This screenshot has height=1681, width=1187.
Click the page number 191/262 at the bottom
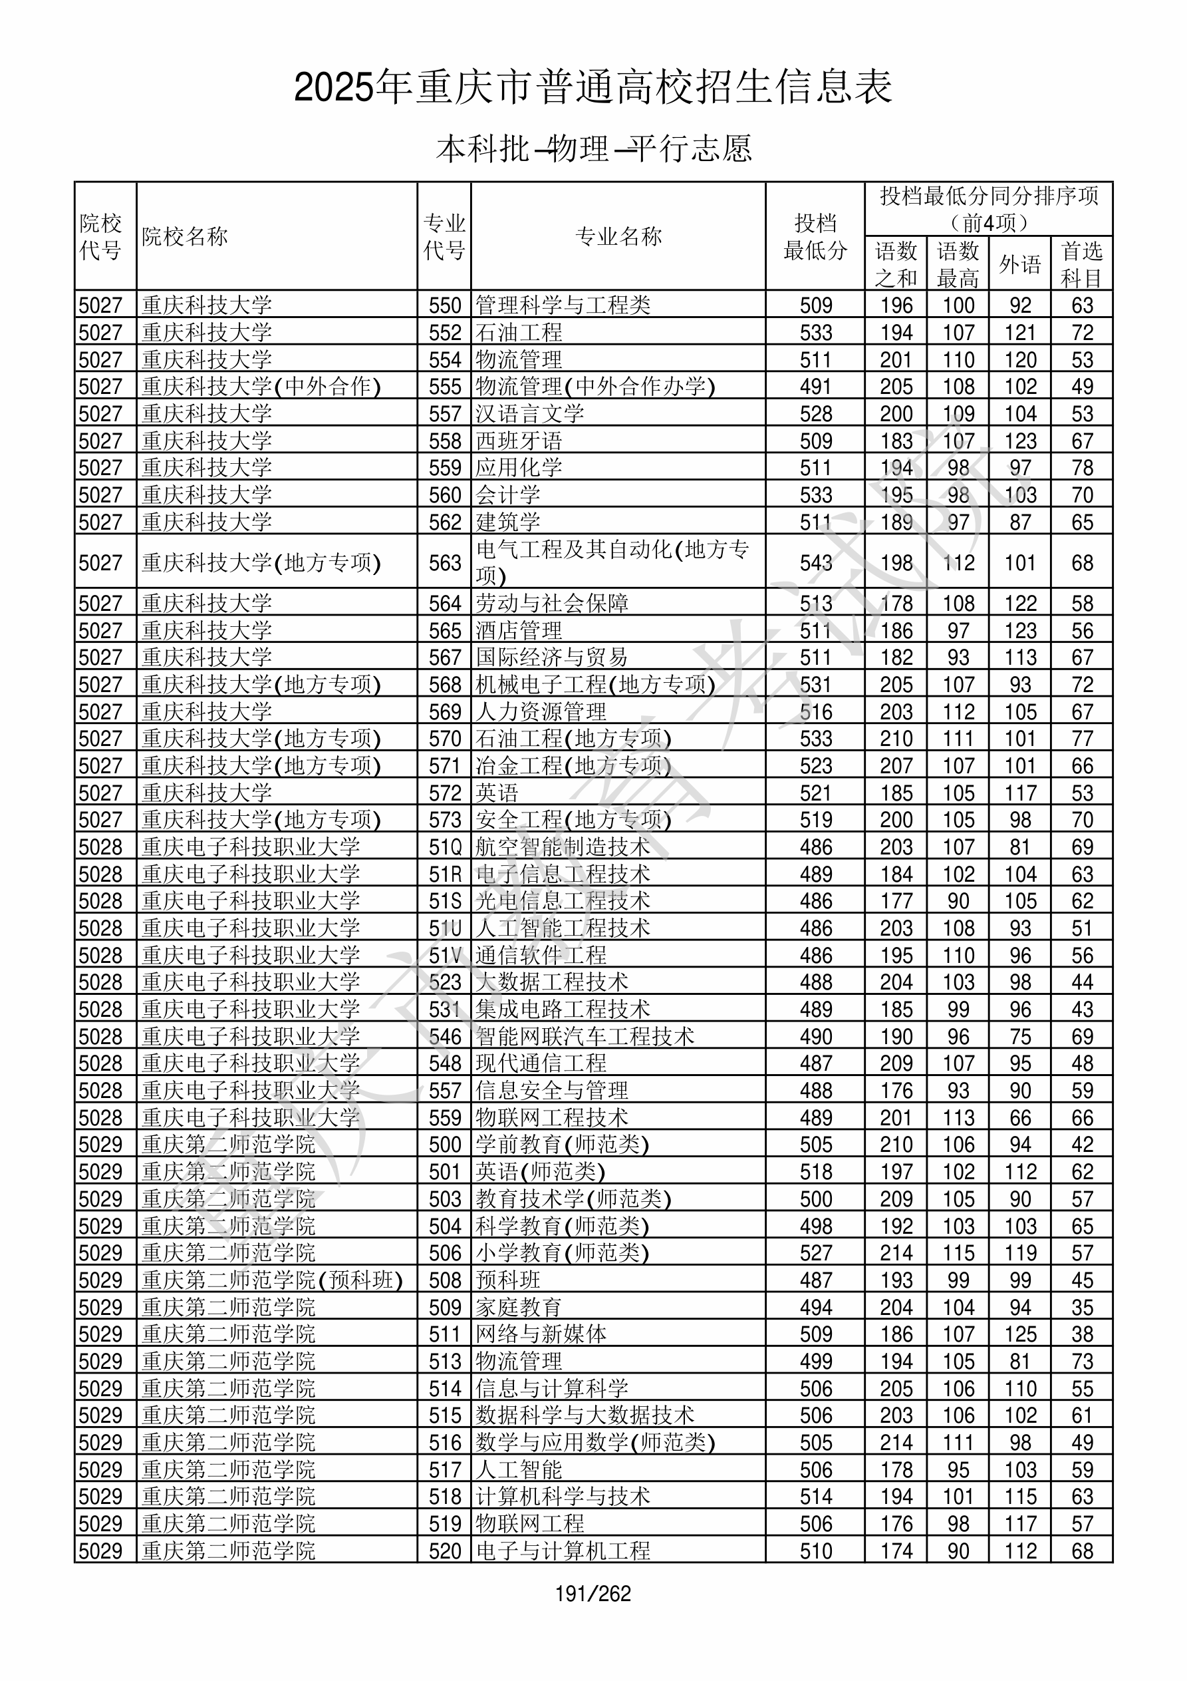tap(593, 1593)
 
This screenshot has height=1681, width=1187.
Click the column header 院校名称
tap(185, 236)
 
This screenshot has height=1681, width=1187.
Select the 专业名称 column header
tap(618, 236)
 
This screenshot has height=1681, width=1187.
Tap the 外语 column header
tap(1020, 264)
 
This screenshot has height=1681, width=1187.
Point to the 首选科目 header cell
tap(1082, 264)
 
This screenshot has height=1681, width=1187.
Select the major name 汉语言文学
tap(530, 414)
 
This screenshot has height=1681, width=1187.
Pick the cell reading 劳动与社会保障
tap(552, 604)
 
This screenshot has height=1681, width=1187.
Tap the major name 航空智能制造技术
tap(563, 847)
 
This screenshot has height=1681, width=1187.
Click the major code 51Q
tap(445, 847)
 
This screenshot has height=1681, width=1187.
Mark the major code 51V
tap(445, 956)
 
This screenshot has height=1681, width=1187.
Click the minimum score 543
tap(815, 562)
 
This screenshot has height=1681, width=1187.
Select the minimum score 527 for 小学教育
tap(815, 1252)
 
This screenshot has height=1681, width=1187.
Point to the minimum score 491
tap(815, 387)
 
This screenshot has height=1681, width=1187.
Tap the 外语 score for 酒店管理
tap(1020, 630)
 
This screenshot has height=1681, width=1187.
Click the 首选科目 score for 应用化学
tap(1082, 468)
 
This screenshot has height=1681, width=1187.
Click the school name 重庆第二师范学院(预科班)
tap(272, 1280)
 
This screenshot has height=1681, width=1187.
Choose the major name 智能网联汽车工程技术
tap(585, 1037)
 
